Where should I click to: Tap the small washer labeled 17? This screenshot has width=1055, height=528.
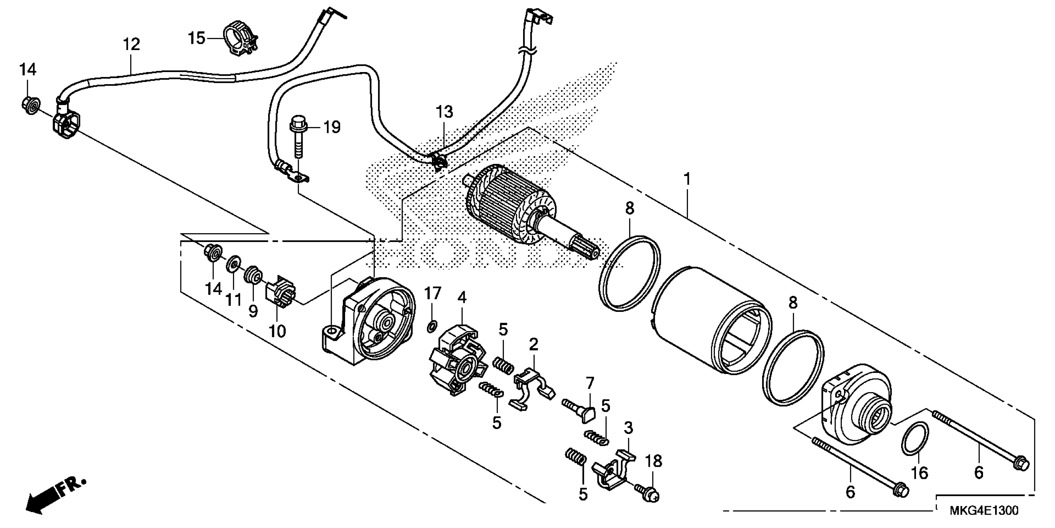[431, 327]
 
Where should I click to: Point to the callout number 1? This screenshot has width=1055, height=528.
[687, 179]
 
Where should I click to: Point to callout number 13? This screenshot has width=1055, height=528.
[444, 112]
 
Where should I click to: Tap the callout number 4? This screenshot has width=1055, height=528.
[462, 298]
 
